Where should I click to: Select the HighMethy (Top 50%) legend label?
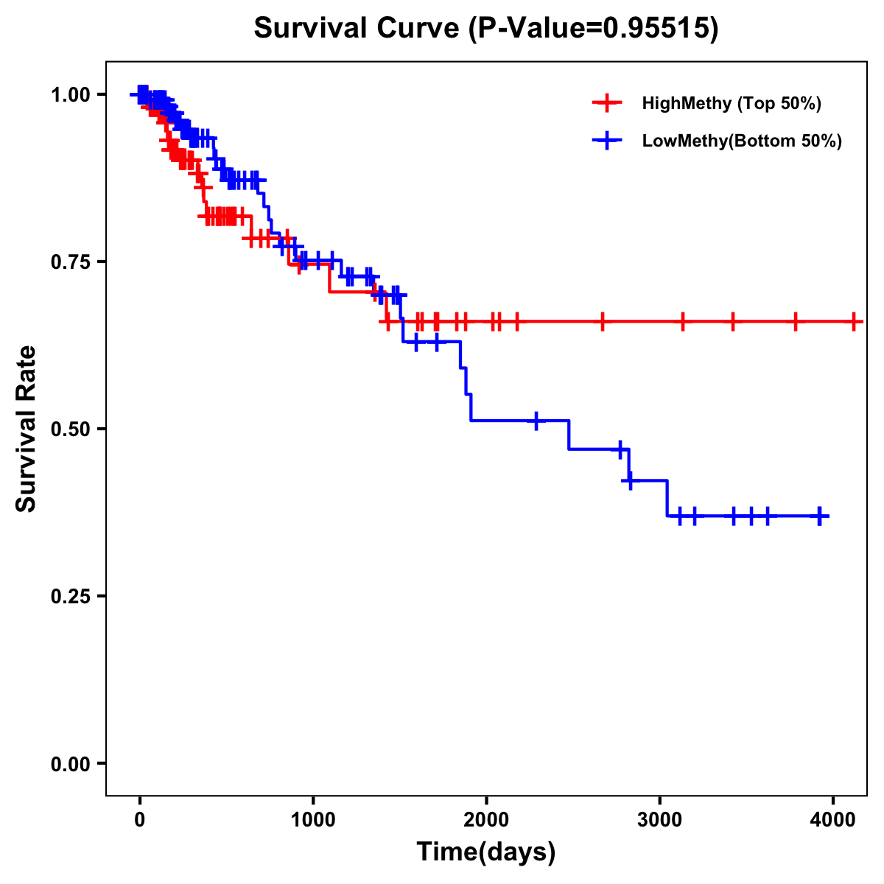tap(731, 103)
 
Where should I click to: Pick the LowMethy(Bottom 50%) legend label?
tap(742, 141)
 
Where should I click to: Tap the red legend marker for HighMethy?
tap(607, 103)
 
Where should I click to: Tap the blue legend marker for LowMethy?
tap(607, 141)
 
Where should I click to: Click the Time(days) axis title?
tap(486, 852)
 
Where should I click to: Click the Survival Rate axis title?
tap(27, 428)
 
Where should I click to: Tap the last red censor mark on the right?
tap(853, 322)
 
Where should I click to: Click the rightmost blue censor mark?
tap(819, 516)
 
